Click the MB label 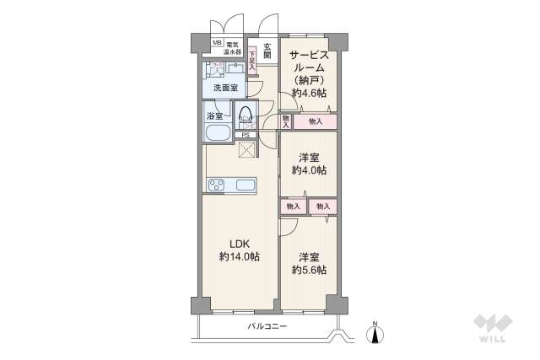tap(217, 43)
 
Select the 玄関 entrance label tap(267, 51)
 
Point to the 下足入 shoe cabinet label tap(252, 61)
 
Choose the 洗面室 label tap(224, 88)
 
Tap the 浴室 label tap(215, 116)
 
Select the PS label tap(246, 135)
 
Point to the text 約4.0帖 tap(309, 170)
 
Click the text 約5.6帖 tap(309, 270)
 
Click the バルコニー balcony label tap(267, 325)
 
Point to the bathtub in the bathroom tap(216, 133)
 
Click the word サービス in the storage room tap(309, 55)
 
